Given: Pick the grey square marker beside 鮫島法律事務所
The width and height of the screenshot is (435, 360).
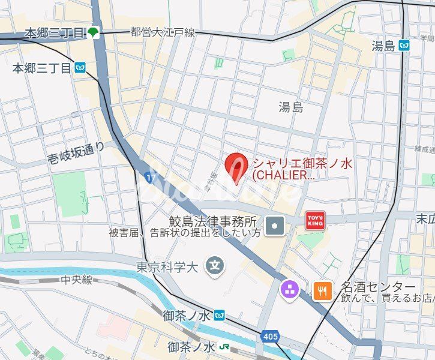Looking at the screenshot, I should (x=275, y=226).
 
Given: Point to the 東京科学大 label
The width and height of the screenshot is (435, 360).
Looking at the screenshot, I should (x=167, y=267).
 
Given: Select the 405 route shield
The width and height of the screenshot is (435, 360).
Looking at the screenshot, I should (x=270, y=337).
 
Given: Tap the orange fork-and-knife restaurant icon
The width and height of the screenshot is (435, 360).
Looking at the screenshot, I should (x=323, y=292).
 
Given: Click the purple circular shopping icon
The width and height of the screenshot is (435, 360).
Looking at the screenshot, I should (x=290, y=291).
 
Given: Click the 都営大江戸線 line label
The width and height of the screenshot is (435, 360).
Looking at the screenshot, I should (x=163, y=32).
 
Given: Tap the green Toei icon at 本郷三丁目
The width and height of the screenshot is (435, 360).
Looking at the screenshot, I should (x=94, y=33).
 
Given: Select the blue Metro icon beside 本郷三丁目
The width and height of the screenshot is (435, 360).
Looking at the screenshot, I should (x=80, y=68).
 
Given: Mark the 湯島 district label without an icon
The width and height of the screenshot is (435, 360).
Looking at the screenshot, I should (x=291, y=107).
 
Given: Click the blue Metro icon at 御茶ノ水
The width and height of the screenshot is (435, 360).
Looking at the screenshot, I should (x=220, y=314).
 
